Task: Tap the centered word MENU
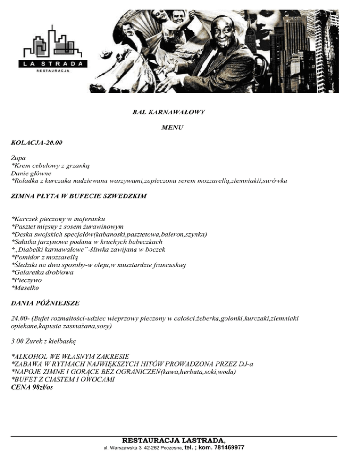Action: (x=172, y=127)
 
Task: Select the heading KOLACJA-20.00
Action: (x=37, y=142)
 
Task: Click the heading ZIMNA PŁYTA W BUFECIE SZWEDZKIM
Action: (x=78, y=196)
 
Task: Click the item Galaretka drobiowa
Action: (x=45, y=272)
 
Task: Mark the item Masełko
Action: (x=28, y=287)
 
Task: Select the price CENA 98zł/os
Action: (x=31, y=387)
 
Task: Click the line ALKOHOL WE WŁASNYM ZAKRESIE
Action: (x=70, y=357)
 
